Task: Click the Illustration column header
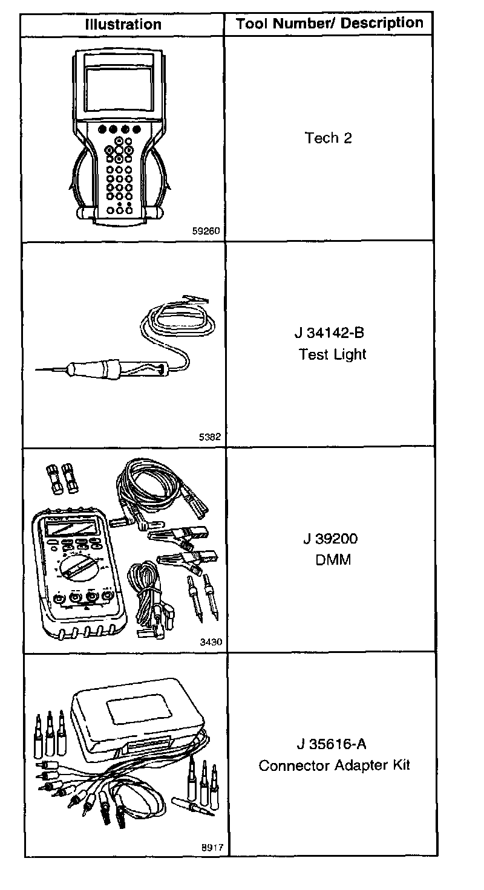(x=123, y=25)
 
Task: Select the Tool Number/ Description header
(x=329, y=24)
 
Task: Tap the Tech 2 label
(x=329, y=138)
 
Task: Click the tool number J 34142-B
(x=332, y=333)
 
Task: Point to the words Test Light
(x=333, y=354)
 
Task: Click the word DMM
(x=333, y=560)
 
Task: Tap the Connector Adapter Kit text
(x=334, y=765)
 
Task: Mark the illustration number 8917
(x=211, y=848)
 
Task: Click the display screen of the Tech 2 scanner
(x=119, y=87)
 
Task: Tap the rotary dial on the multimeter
(x=79, y=567)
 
